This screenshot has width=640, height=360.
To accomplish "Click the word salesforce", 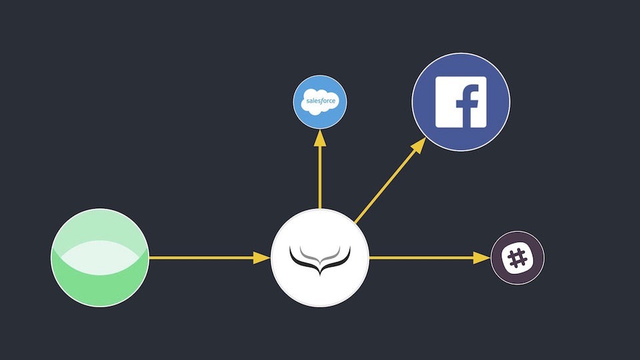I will pos(320,102).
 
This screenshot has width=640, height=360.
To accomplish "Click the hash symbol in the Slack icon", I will pos(517,258).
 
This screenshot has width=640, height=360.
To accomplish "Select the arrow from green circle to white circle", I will pos(200,257).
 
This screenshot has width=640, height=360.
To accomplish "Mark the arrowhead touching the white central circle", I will pos(263,257).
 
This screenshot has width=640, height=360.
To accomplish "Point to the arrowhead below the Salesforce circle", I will pos(320,139).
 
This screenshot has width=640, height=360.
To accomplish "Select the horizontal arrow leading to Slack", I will pos(420,257).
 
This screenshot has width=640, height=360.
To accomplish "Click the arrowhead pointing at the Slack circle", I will pos(483,257).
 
